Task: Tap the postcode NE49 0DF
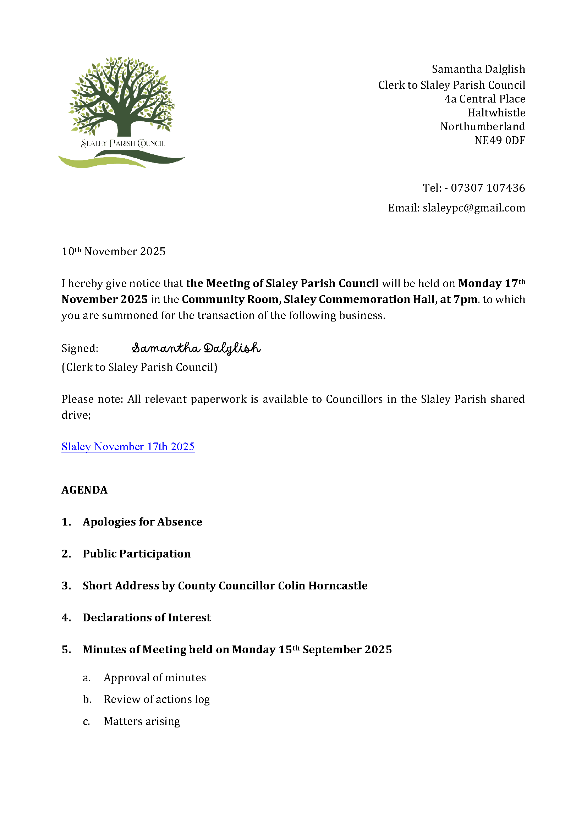[500, 140]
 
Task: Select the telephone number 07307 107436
[488, 188]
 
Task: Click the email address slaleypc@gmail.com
[473, 208]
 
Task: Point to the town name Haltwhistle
[496, 113]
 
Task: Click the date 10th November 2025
[114, 252]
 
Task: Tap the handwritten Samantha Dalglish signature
[196, 348]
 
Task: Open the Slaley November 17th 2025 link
[128, 447]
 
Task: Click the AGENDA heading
[84, 490]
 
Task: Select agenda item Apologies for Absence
[142, 522]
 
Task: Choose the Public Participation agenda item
[137, 554]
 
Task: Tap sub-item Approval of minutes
[155, 677]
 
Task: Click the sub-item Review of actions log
[157, 699]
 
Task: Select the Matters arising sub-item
[142, 721]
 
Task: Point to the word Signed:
[80, 348]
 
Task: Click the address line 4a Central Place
[484, 99]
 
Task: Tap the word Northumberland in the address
[482, 127]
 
